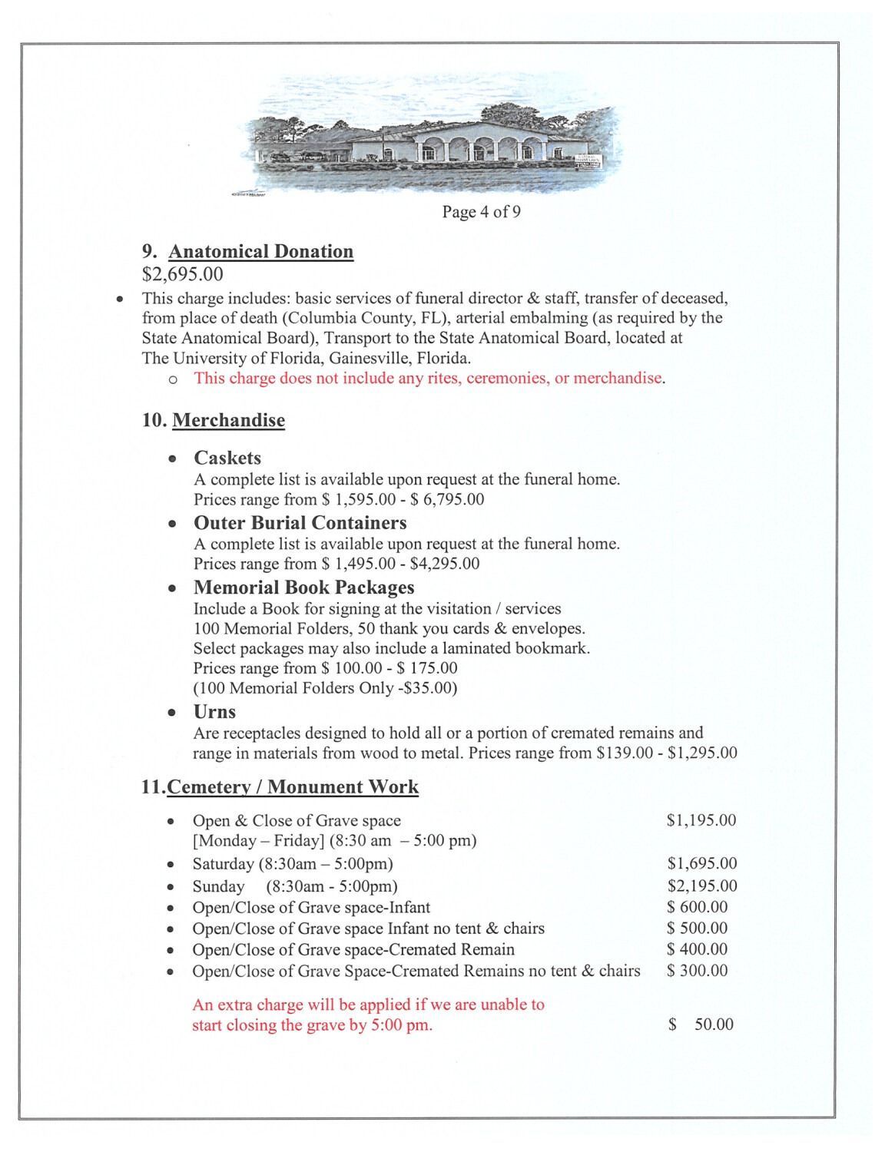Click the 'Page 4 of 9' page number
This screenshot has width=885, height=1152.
481,212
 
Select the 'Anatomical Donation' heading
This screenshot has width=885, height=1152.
260,252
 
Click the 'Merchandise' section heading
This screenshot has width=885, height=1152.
228,421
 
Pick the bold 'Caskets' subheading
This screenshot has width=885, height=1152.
227,458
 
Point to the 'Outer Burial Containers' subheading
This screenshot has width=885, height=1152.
300,523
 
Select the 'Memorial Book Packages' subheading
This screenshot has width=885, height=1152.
303,588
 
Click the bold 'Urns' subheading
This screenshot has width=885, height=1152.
214,712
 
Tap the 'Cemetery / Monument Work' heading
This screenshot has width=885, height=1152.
293,787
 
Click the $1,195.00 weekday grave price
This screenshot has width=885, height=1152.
701,820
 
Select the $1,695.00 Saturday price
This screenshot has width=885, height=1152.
701,864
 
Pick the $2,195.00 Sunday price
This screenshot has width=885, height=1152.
701,886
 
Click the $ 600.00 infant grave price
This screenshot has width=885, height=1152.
697,907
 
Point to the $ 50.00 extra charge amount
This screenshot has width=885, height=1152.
701,1025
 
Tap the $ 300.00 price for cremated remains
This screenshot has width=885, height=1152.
697,971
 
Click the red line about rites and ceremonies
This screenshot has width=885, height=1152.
429,378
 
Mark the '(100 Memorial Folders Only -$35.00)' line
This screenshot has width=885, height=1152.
325,688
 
